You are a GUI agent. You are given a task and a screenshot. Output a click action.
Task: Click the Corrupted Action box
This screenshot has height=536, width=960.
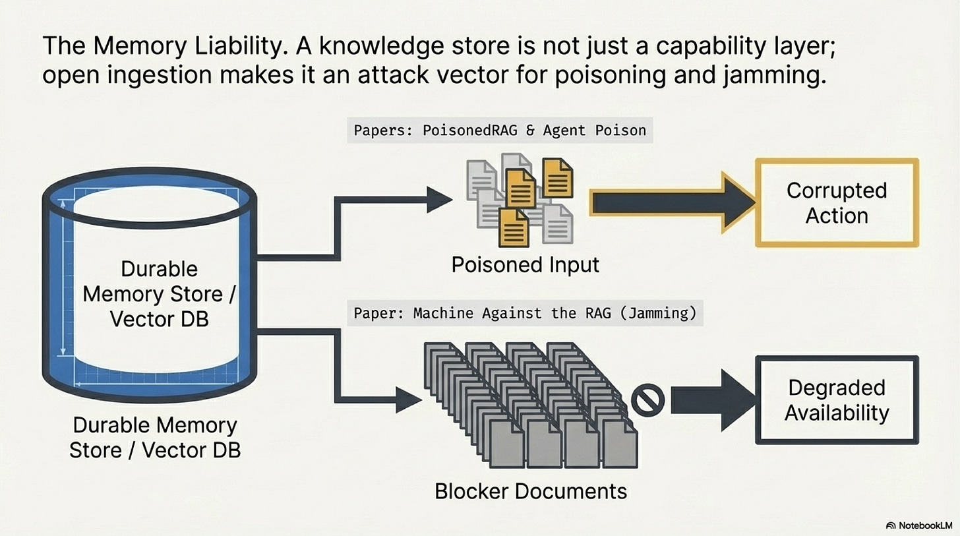pyautogui.click(x=837, y=203)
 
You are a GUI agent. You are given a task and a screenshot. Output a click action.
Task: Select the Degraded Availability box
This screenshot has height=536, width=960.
pyautogui.click(x=837, y=400)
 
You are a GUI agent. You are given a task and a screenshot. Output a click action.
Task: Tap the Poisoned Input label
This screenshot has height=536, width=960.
pyautogui.click(x=525, y=265)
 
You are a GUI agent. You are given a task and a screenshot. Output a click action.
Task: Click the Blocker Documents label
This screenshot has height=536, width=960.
pyautogui.click(x=531, y=491)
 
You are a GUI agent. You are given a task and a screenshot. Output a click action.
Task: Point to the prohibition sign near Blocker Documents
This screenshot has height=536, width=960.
pyautogui.click(x=647, y=400)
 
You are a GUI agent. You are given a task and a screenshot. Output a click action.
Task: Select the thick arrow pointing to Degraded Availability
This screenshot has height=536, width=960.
pyautogui.click(x=711, y=400)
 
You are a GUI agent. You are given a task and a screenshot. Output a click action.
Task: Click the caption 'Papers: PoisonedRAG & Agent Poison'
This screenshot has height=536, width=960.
pyautogui.click(x=500, y=131)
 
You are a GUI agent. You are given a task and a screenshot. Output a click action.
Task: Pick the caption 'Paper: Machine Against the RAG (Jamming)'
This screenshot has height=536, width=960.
pyautogui.click(x=525, y=313)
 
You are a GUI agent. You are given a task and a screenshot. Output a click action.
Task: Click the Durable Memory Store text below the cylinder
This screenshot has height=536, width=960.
pyautogui.click(x=155, y=436)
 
